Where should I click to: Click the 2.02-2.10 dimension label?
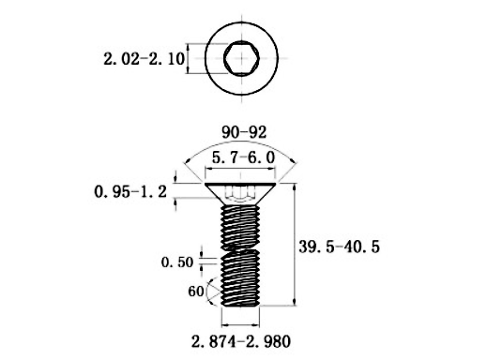coord(145,59)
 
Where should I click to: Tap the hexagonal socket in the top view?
coord(241,58)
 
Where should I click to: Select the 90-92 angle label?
coord(244,132)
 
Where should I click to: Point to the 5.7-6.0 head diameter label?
coord(243,157)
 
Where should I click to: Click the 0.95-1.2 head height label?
coord(130,191)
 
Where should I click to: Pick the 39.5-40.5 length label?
coord(340,247)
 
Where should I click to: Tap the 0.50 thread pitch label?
coord(177,262)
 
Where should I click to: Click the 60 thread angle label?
coord(196,292)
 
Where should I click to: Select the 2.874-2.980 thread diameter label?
coord(241,341)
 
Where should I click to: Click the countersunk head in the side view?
coord(240,194)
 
